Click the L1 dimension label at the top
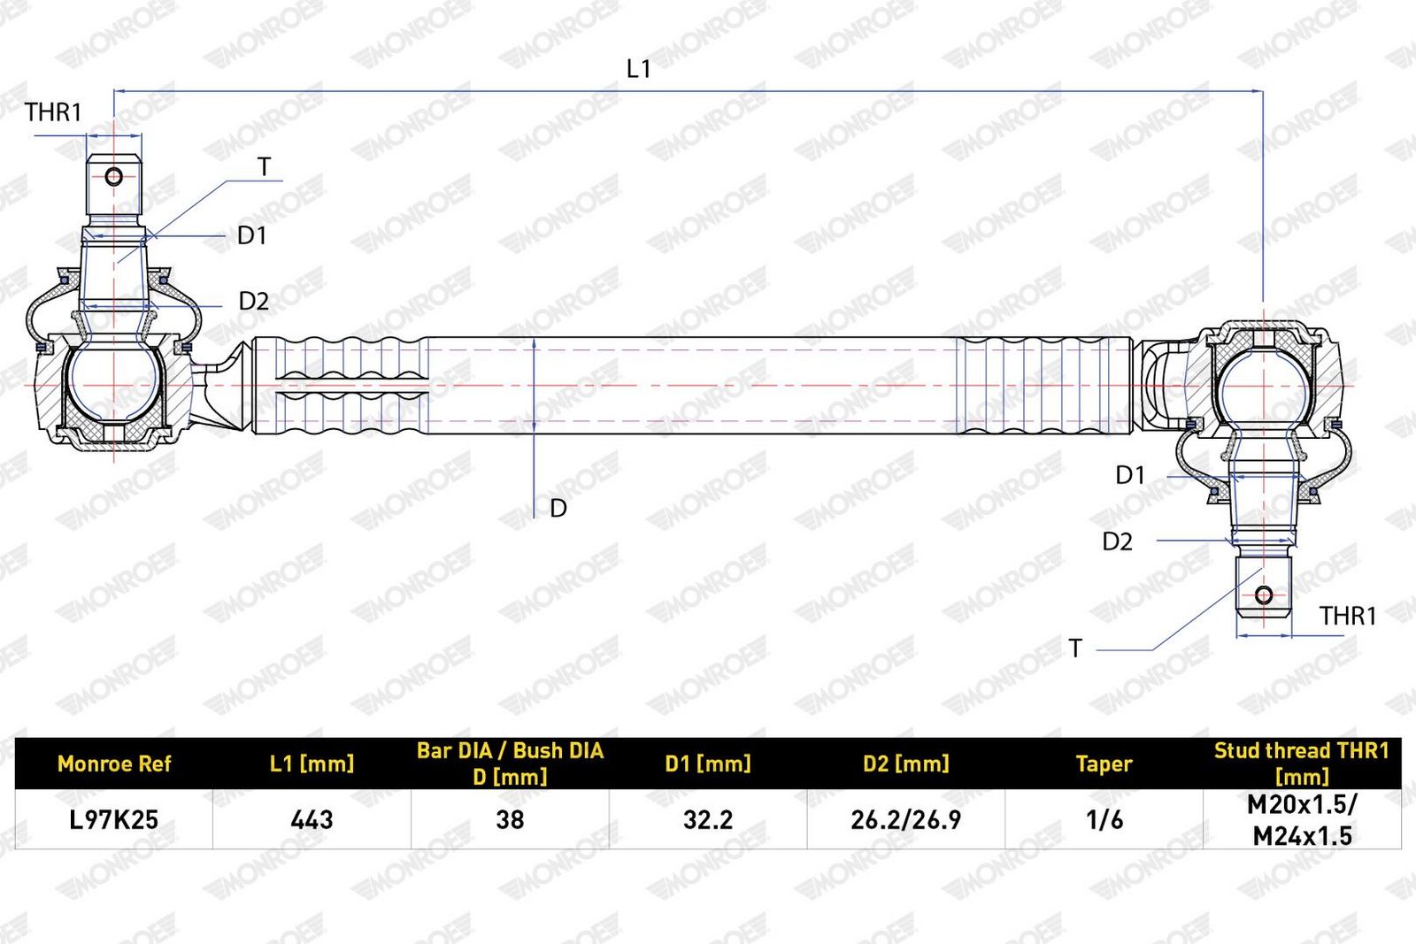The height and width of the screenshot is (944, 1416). [638, 69]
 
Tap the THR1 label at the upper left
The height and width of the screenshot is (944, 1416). [54, 112]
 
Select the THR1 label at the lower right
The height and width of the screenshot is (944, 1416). [1347, 616]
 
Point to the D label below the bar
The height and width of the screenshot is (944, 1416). [558, 508]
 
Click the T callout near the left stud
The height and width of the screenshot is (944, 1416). [265, 167]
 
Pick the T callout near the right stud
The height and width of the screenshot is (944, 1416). [1075, 649]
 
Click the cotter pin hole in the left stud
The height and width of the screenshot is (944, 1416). [114, 176]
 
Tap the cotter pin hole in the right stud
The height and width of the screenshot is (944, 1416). [1264, 595]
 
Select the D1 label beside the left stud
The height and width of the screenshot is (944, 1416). [251, 235]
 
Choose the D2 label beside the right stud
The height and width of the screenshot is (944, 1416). [1118, 541]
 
